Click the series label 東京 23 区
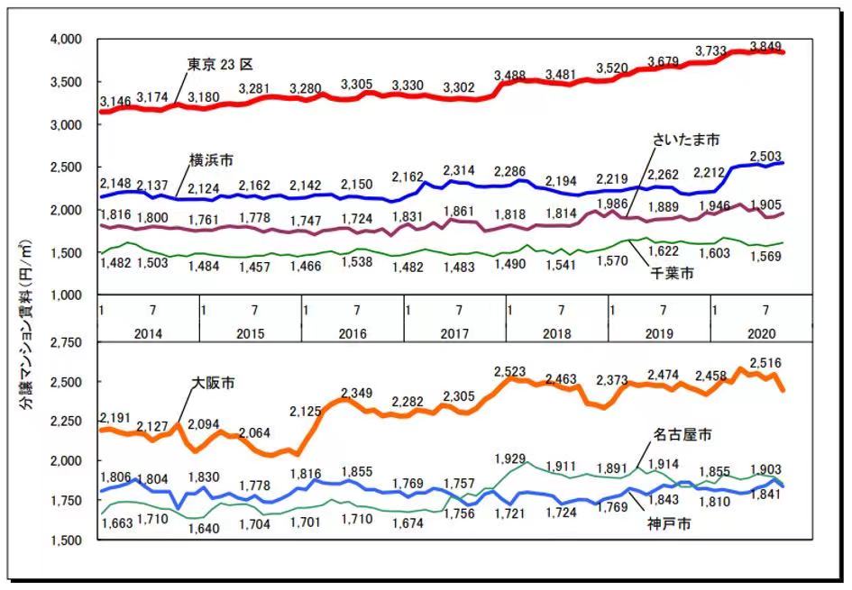click(x=221, y=64)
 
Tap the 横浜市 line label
click(x=211, y=159)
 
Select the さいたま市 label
click(x=686, y=141)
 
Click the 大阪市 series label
click(x=214, y=383)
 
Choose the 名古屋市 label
click(x=683, y=435)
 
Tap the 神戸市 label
click(x=667, y=524)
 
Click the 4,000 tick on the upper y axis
click(x=67, y=40)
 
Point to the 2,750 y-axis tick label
click(x=67, y=343)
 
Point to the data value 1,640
click(x=204, y=528)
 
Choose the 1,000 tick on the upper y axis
click(x=67, y=295)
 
